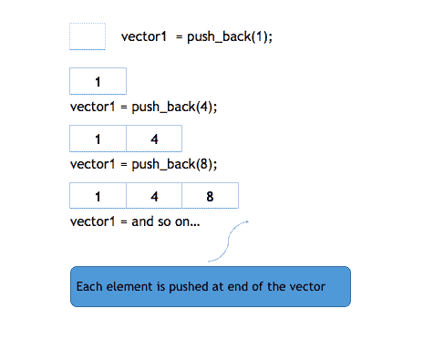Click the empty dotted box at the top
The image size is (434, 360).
click(x=88, y=36)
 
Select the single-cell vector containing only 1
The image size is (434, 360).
click(x=98, y=82)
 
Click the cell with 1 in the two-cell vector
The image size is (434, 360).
click(x=98, y=139)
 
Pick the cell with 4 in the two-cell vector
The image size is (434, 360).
click(x=153, y=139)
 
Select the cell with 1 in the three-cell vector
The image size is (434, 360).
click(x=98, y=196)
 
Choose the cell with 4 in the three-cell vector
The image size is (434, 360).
click(x=153, y=196)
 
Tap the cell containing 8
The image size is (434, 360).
click(x=210, y=196)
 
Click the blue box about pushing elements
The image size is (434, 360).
click(x=210, y=286)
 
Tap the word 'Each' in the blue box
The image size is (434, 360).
click(x=88, y=287)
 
